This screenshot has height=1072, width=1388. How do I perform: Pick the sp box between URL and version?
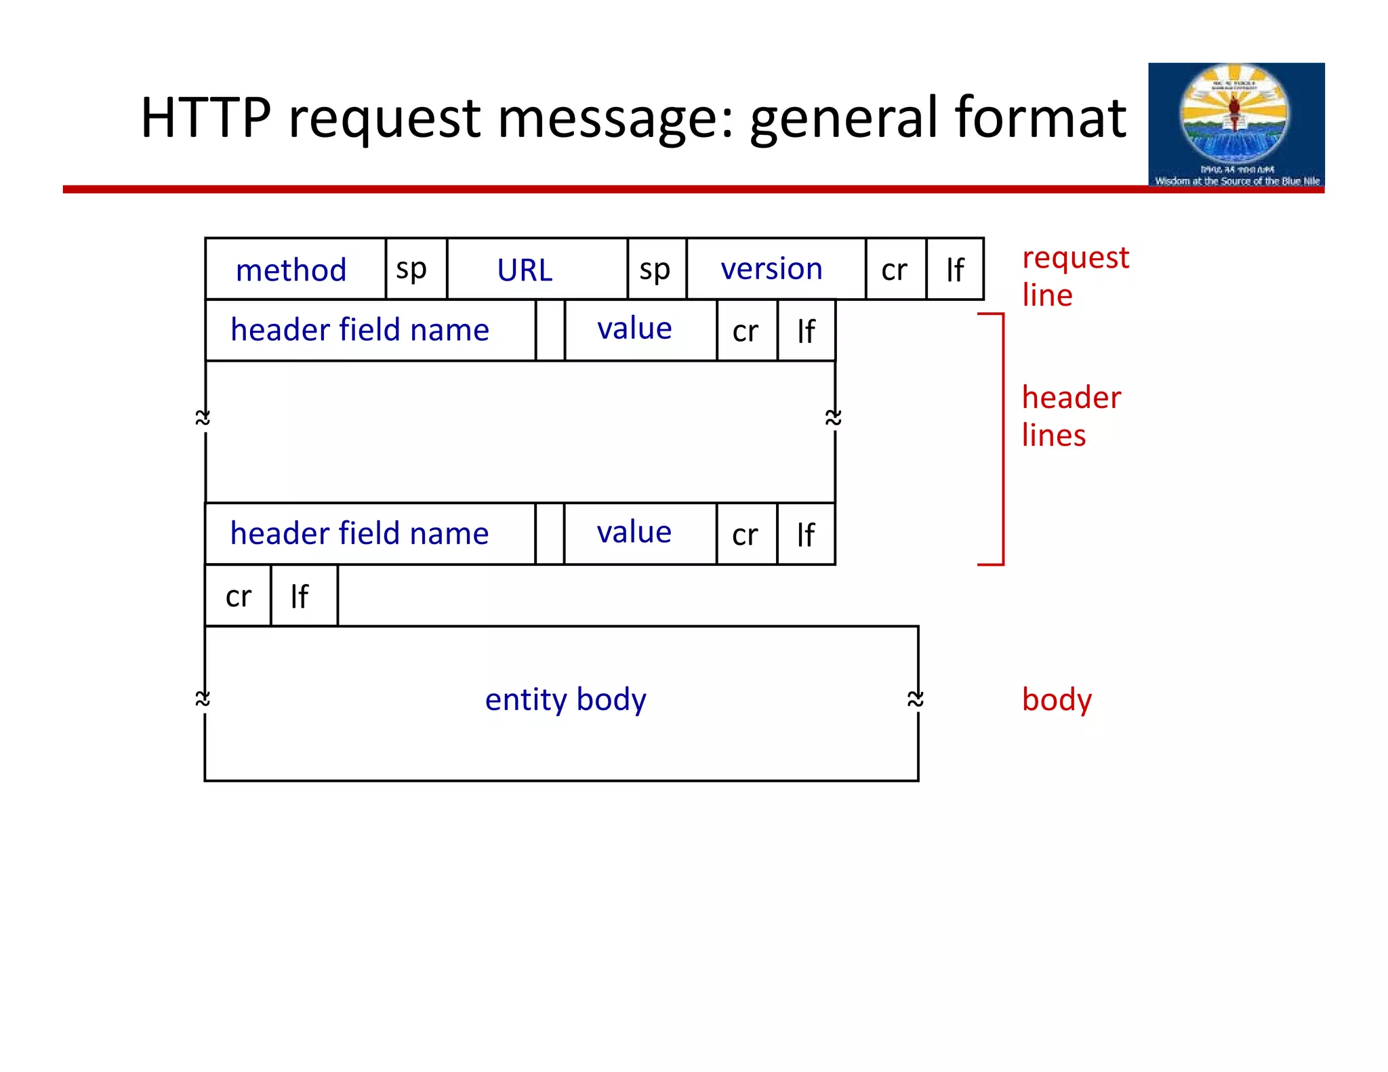656,269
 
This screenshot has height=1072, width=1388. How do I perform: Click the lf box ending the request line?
954,269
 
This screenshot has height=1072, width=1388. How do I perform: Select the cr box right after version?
895,269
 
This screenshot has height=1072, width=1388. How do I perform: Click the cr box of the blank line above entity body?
238,596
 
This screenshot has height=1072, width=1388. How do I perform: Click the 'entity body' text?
565,699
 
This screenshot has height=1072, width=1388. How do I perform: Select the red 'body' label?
1056,699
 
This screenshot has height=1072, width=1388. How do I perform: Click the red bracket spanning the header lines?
1002,438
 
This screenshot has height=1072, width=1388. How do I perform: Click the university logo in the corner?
1236,125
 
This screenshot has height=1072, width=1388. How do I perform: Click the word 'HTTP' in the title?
206,118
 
